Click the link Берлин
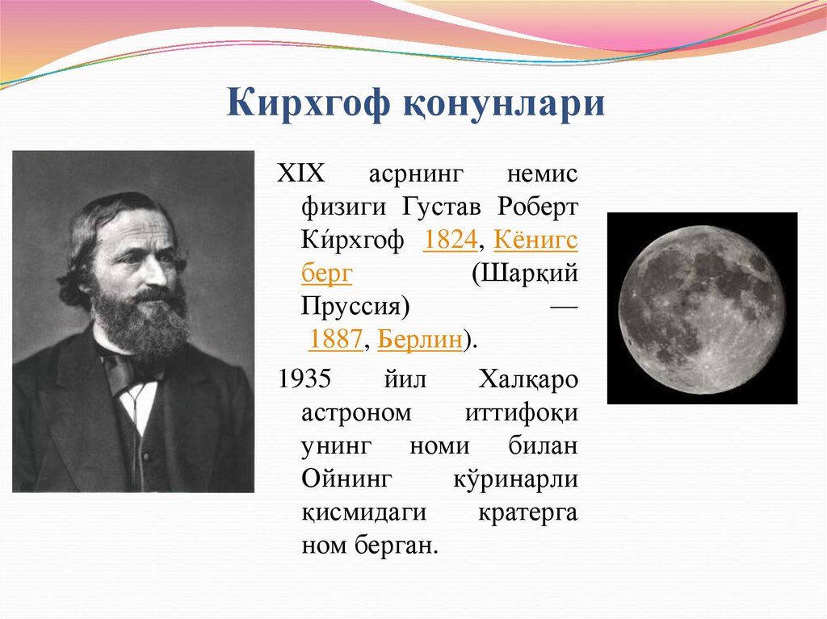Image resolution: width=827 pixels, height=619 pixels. [420, 340]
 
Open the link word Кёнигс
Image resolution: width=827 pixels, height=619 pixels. [535, 241]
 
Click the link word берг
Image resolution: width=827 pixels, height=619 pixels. [327, 274]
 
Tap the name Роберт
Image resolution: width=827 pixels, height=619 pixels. [538, 208]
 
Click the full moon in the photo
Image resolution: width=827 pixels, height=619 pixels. [702, 309]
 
